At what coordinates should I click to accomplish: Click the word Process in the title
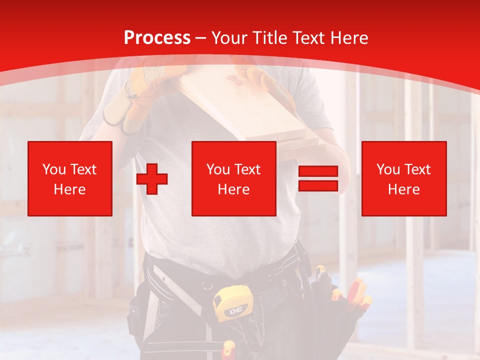pos(157,37)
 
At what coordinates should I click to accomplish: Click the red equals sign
pos(318,179)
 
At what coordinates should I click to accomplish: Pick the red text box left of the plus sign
pos(70,178)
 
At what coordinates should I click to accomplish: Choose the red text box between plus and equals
pos(234,178)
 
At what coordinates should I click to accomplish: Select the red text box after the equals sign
pos(404,178)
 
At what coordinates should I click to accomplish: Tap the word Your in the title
pos(228,37)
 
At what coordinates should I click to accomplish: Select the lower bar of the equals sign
pos(318,186)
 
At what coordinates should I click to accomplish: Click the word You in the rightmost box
pos(388,169)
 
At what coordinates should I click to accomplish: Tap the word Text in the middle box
pos(248,169)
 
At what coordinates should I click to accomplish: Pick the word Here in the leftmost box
pos(70,189)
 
